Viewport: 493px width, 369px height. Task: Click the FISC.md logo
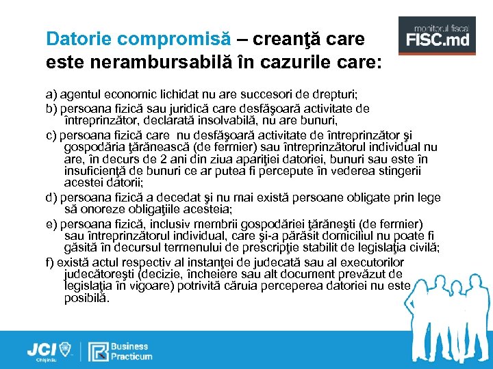[438, 38]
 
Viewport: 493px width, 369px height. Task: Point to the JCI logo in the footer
[49, 351]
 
